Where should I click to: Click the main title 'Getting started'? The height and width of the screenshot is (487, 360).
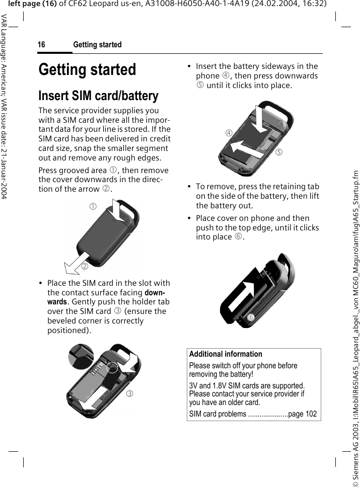[87, 69]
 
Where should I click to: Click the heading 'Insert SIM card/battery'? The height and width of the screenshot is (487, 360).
[98, 96]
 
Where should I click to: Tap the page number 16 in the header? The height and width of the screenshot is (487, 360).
[42, 45]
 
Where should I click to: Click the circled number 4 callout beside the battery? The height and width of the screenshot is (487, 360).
[229, 133]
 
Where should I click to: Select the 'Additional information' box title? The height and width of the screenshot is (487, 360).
[226, 354]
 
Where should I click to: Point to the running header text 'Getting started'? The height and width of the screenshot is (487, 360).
[97, 45]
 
